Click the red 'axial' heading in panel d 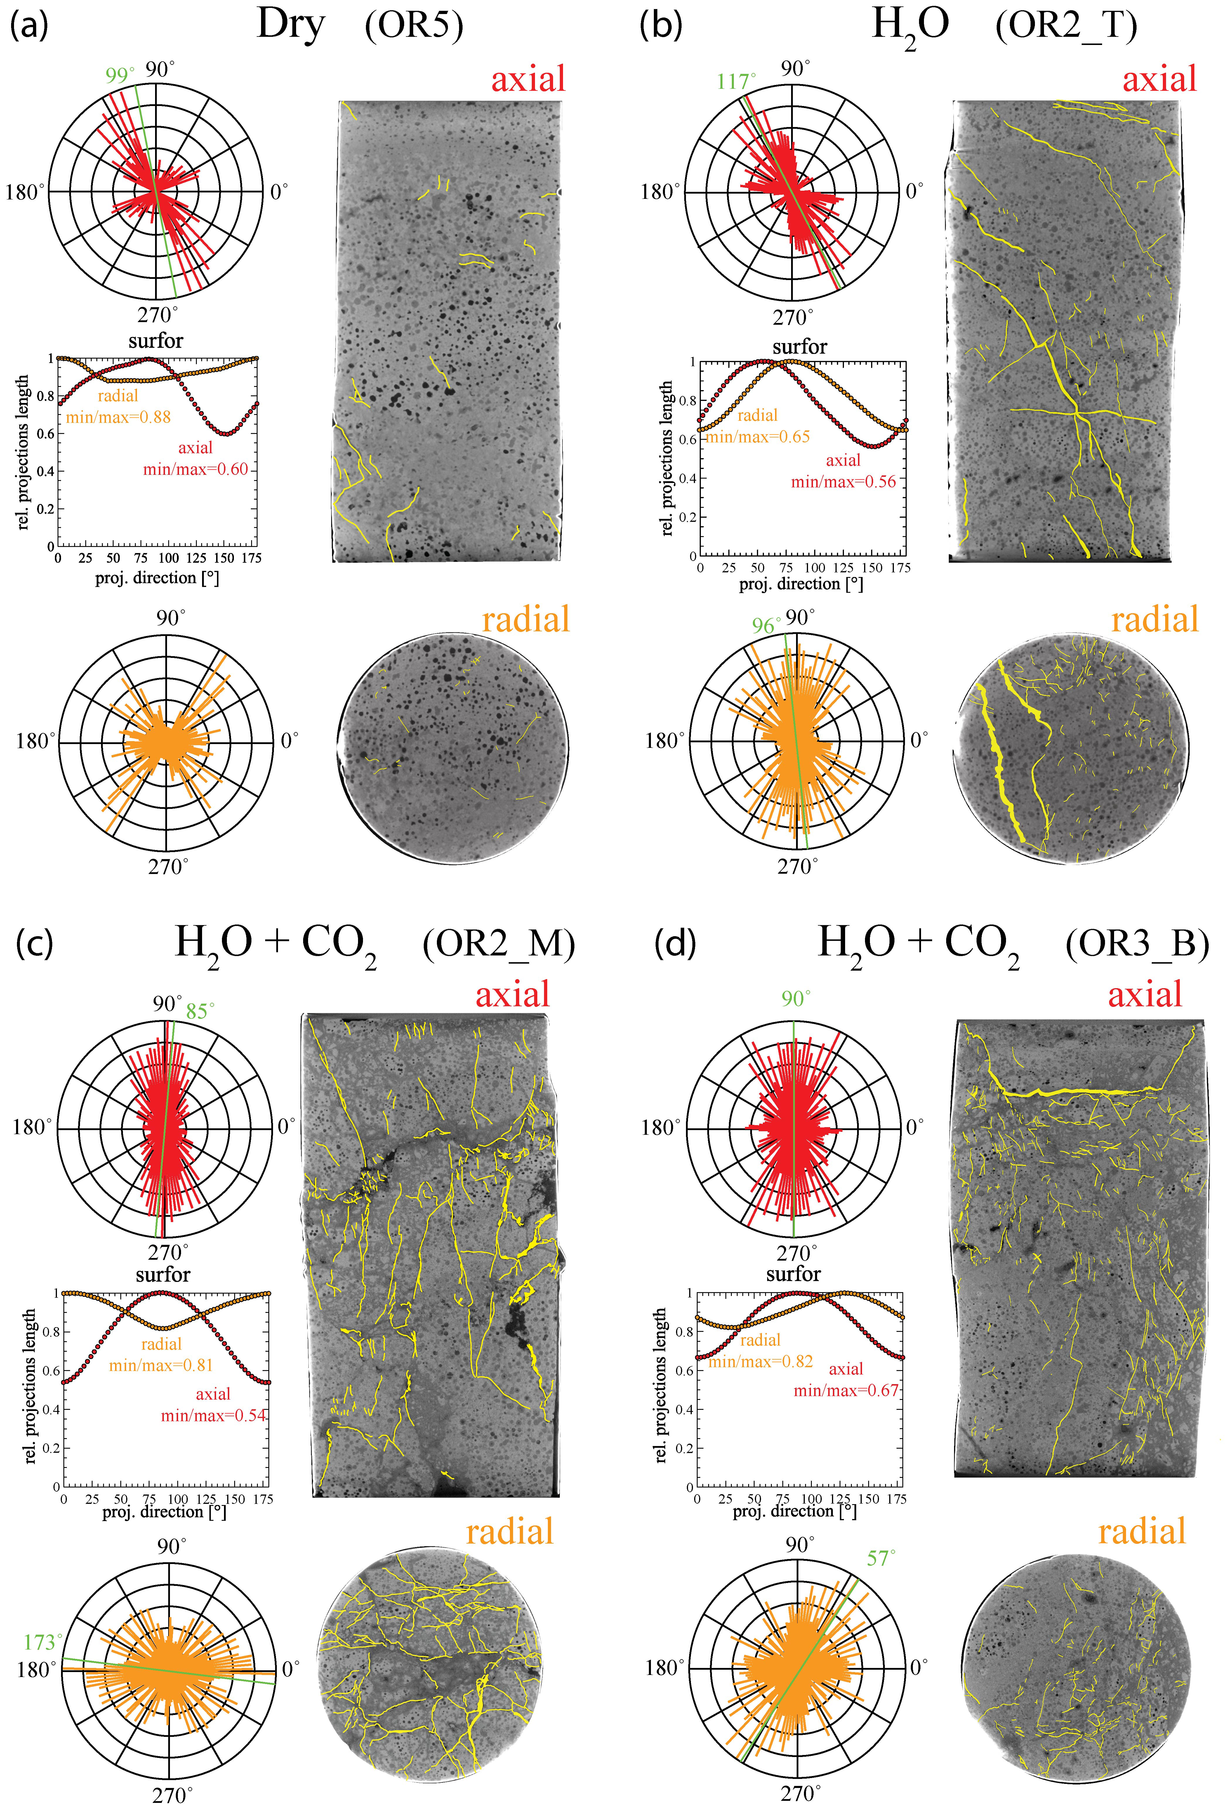click(1144, 995)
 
